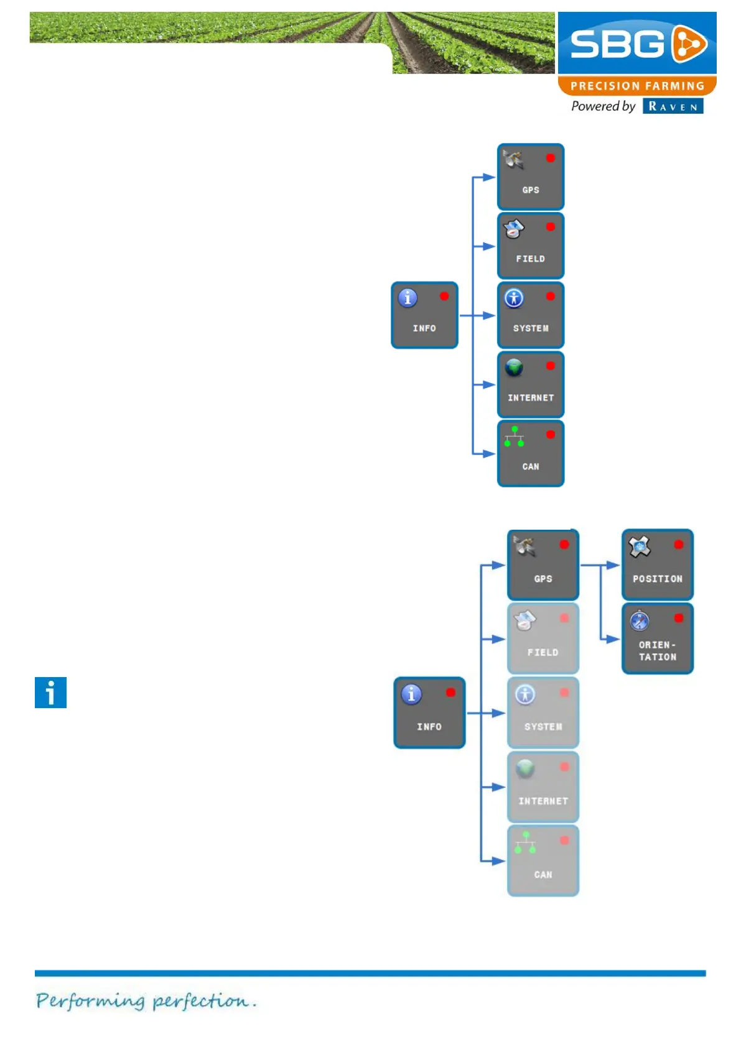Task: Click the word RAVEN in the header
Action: [673, 106]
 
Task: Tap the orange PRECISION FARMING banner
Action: [636, 86]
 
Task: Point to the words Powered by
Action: [602, 106]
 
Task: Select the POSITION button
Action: [657, 565]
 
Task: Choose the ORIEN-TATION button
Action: [657, 639]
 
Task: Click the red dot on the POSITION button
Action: [678, 545]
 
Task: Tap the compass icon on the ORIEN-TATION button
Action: [639, 620]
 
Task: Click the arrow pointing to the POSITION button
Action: [612, 565]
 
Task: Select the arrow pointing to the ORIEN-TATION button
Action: [612, 639]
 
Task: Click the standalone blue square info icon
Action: [50, 693]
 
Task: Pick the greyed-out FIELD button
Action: [543, 639]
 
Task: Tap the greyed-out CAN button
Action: [543, 861]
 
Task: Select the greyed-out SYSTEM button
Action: [543, 713]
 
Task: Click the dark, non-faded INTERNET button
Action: [531, 384]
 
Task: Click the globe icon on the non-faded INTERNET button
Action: [514, 367]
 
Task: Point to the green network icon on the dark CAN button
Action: [514, 436]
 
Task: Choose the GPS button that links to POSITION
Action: [543, 565]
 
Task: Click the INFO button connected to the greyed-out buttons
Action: [429, 713]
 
